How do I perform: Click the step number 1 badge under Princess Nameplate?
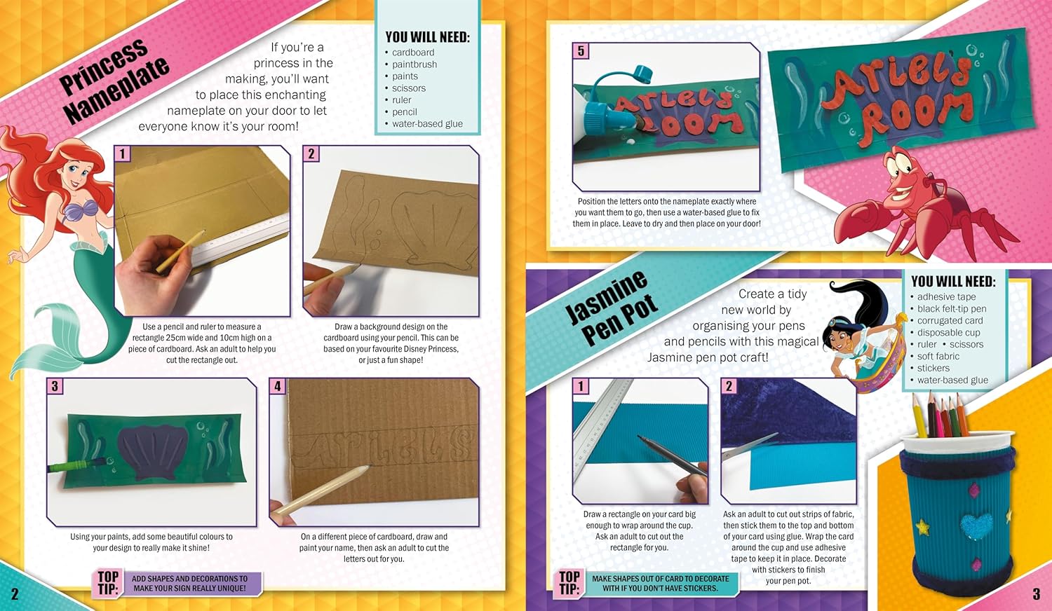point(123,153)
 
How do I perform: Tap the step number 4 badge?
point(278,386)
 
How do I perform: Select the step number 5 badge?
point(581,50)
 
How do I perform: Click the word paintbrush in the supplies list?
point(414,64)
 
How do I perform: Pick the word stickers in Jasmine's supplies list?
point(933,368)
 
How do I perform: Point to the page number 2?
point(15,593)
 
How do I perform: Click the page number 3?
point(1037,593)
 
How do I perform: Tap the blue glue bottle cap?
point(642,74)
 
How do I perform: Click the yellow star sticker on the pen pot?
point(922,526)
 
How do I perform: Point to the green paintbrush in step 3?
point(75,466)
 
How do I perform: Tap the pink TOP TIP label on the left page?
point(108,583)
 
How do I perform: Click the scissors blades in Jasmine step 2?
point(750,446)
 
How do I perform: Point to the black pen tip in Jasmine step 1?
point(640,439)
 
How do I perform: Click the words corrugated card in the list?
point(950,320)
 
